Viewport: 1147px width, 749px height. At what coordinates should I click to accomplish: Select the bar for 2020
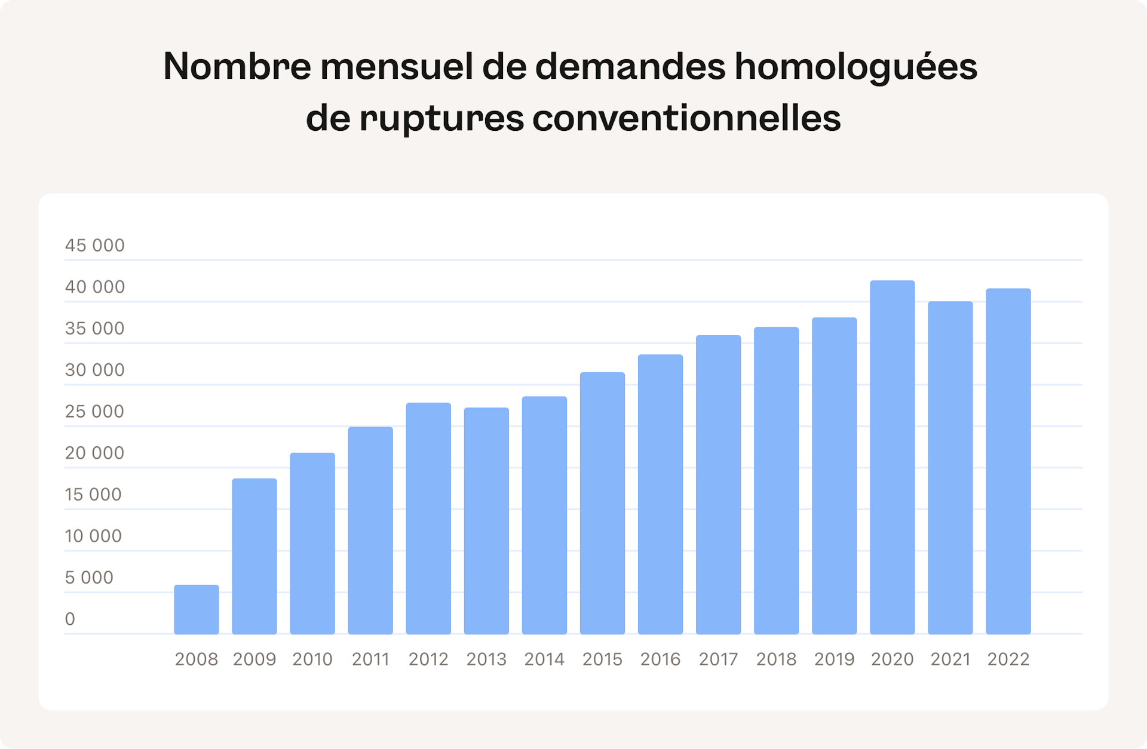point(892,457)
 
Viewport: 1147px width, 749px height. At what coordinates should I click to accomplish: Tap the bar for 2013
point(486,521)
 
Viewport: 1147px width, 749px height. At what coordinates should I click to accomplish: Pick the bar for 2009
point(254,556)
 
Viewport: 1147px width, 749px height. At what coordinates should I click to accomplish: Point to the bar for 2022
point(1008,461)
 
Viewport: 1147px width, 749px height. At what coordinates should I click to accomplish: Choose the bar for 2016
point(660,494)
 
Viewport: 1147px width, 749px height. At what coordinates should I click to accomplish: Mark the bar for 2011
point(370,530)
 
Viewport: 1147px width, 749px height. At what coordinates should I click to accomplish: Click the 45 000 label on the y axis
point(94,245)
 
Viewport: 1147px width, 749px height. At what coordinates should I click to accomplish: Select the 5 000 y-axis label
point(89,578)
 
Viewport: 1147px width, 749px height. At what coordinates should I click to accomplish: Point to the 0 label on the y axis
point(70,619)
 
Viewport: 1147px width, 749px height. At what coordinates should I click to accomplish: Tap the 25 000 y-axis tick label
point(94,412)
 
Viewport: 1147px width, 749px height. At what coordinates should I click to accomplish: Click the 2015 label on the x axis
point(602,659)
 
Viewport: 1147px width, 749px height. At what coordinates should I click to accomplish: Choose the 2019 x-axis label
point(834,659)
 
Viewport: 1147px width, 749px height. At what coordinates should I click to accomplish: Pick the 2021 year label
point(950,659)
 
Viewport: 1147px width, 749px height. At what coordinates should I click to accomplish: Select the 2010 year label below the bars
point(312,659)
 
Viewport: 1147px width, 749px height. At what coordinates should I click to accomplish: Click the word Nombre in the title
point(237,66)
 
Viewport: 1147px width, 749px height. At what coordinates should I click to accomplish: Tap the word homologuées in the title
point(855,67)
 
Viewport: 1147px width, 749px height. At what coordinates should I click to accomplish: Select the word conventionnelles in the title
point(686,118)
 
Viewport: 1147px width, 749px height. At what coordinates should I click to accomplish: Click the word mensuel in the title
point(396,66)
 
